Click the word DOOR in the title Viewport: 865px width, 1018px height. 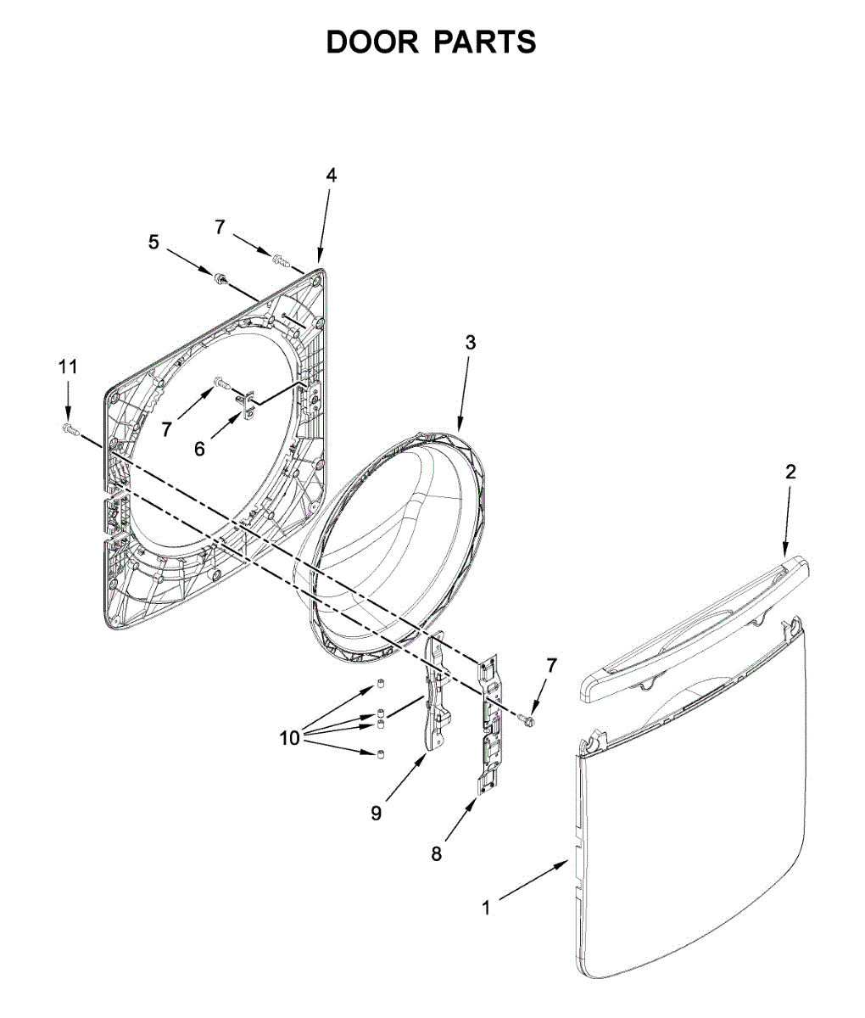373,42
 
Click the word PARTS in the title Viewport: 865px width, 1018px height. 485,42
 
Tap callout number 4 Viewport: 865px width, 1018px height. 331,176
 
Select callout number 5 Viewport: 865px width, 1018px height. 153,242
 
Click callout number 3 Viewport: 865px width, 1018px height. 470,343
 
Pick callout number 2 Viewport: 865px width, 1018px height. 790,473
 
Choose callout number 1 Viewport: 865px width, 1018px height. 486,909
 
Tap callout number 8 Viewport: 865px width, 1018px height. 436,854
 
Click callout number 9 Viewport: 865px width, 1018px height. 376,813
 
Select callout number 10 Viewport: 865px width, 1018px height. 290,738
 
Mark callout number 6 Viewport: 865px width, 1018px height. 199,449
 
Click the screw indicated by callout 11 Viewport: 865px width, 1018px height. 70,429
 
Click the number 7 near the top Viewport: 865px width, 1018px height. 220,227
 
